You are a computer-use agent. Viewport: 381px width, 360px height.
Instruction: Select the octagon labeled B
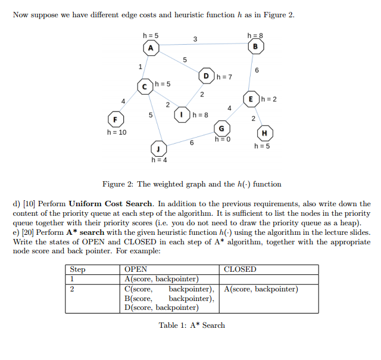(x=256, y=46)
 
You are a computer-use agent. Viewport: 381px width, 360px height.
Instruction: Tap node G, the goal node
(x=221, y=129)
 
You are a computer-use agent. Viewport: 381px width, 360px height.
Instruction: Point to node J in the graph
(x=157, y=148)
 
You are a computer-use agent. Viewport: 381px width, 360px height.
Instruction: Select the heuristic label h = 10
(x=116, y=132)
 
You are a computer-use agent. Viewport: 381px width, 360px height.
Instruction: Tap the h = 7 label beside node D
(x=224, y=77)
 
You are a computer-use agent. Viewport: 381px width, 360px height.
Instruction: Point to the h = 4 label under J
(x=159, y=160)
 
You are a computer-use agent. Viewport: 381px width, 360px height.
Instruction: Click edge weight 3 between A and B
(x=195, y=39)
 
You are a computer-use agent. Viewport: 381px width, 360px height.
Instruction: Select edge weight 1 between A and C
(x=140, y=66)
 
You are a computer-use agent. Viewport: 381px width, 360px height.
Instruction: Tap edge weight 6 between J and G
(x=191, y=142)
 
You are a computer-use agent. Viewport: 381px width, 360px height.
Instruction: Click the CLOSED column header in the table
(x=240, y=269)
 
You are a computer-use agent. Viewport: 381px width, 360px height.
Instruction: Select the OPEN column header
(x=136, y=269)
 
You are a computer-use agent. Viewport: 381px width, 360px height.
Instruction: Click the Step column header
(x=77, y=269)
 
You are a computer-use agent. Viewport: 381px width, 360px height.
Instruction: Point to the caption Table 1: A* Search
(x=192, y=325)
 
